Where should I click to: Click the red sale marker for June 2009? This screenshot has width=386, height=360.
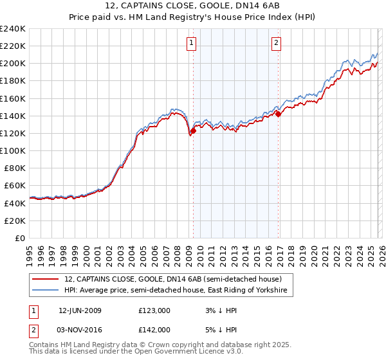click(193, 131)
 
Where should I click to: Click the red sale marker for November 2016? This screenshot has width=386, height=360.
click(278, 114)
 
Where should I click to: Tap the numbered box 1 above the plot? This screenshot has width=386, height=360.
click(192, 44)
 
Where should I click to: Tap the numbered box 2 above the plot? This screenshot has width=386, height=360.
click(276, 44)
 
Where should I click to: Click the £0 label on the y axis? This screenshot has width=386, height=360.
click(19, 238)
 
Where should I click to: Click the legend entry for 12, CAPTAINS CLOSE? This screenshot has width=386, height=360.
click(173, 280)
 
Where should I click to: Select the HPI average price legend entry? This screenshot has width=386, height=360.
click(178, 291)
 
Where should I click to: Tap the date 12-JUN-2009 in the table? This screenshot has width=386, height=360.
click(80, 310)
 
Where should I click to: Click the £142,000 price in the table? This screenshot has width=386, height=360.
click(154, 329)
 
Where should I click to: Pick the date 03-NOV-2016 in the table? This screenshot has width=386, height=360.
click(80, 329)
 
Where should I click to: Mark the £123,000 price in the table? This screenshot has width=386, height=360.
click(154, 310)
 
